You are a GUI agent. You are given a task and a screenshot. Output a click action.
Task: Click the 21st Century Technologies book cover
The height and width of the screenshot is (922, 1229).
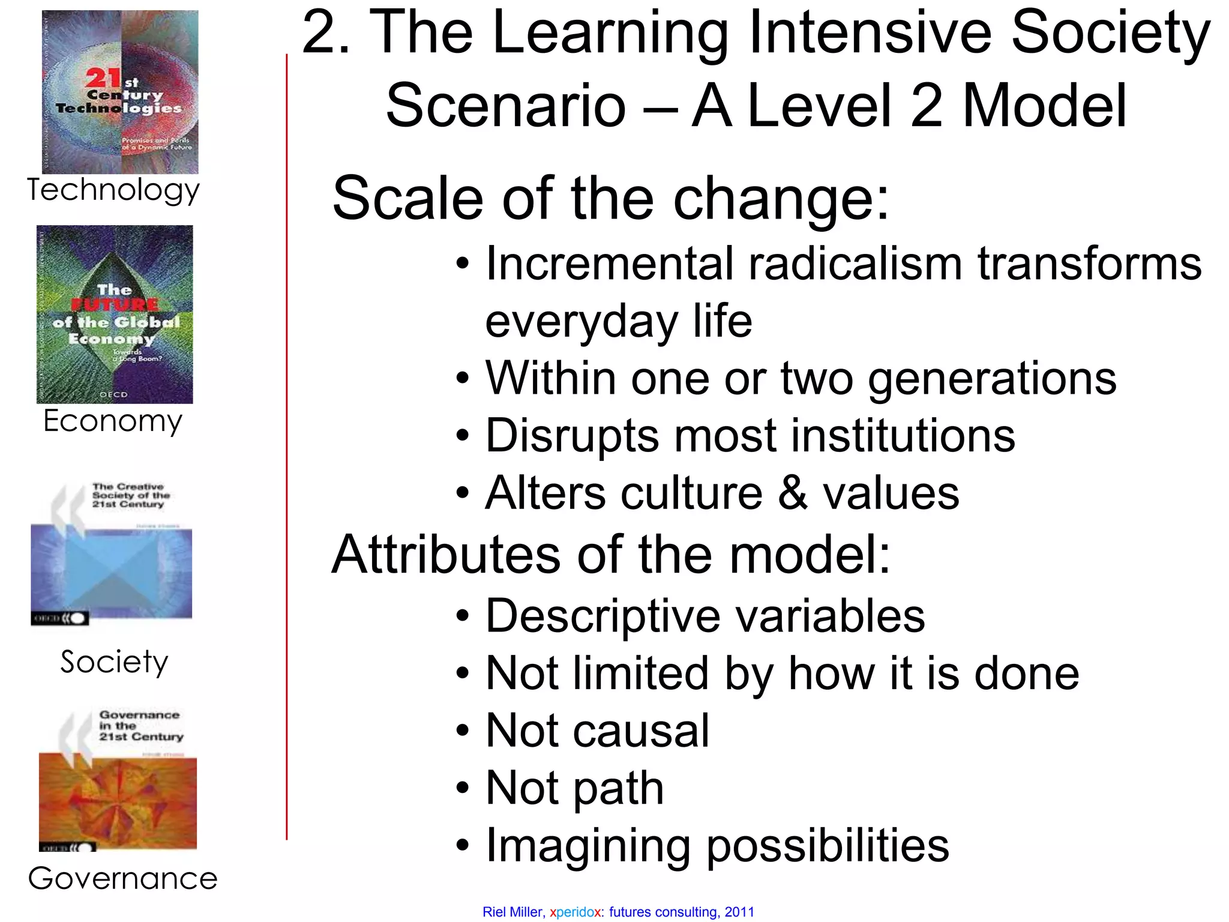point(120,92)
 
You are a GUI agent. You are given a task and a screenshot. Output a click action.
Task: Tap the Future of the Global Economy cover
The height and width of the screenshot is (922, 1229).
point(115,314)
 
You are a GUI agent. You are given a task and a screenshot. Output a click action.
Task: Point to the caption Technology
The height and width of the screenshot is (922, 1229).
point(113,191)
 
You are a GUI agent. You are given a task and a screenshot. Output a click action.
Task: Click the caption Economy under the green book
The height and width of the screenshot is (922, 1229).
point(113,421)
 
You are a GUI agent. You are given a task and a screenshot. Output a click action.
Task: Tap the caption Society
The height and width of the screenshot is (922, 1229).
point(114,663)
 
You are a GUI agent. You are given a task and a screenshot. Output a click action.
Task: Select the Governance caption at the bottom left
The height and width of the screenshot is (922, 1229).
point(122,879)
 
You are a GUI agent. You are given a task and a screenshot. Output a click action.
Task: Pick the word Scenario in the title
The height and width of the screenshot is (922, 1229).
point(505,106)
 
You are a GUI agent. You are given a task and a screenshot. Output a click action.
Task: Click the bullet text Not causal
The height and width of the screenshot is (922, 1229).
point(597,731)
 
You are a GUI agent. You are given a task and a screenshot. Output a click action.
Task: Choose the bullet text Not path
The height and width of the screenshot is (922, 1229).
point(574,788)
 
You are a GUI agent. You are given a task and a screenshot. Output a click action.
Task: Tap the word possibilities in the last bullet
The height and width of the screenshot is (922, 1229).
point(828,845)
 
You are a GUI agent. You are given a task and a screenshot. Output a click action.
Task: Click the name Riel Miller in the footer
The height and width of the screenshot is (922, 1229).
point(512,912)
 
